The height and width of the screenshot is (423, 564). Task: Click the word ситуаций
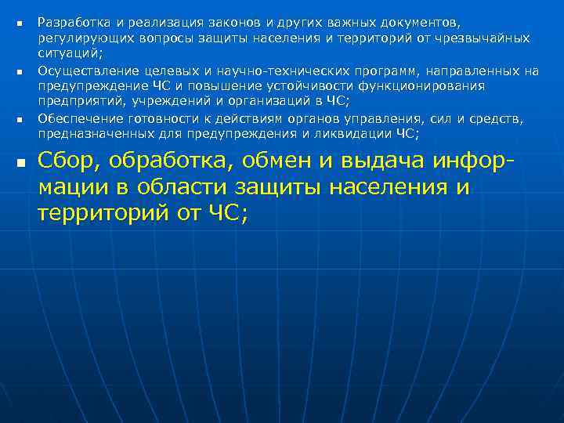(x=74, y=52)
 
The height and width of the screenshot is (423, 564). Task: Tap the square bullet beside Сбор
(x=20, y=164)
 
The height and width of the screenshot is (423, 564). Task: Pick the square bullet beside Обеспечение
(x=20, y=120)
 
